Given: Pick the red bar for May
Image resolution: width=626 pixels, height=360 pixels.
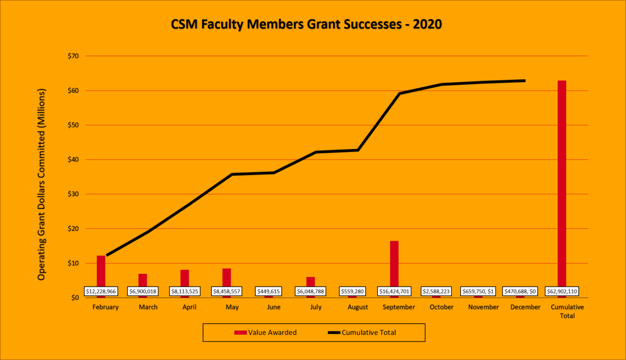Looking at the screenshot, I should (x=227, y=277).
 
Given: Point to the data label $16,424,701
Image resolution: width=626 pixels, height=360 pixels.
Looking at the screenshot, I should (x=394, y=291).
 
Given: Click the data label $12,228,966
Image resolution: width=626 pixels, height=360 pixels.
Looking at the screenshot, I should (x=102, y=291).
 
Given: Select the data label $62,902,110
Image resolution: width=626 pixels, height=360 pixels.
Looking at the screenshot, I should (x=562, y=291).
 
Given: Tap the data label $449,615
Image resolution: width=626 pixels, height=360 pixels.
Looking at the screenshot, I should (x=269, y=291).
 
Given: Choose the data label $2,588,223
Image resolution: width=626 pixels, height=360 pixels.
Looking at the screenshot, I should (x=437, y=291).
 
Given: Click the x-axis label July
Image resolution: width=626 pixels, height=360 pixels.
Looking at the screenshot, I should (x=316, y=307).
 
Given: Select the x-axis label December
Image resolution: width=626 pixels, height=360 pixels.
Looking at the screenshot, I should (x=525, y=307).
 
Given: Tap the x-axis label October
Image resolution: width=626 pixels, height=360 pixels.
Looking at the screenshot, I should (x=441, y=307).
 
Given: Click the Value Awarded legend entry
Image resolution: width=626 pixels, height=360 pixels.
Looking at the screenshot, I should (x=266, y=332).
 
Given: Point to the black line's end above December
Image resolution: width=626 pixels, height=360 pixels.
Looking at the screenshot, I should (x=524, y=81).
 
